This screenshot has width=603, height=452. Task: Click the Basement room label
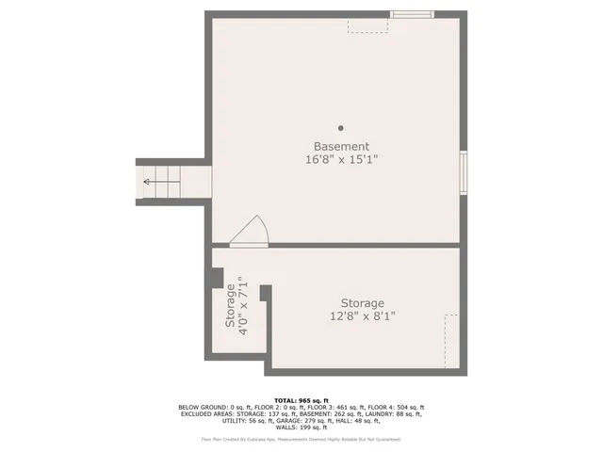pos(341,147)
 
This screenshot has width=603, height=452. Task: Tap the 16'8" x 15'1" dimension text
pos(341,160)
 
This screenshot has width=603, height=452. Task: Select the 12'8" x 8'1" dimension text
pos(362,316)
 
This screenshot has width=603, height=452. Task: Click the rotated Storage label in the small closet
pos(229,305)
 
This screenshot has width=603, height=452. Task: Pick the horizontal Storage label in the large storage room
pos(362,303)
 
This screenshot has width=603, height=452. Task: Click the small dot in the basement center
pos(341,128)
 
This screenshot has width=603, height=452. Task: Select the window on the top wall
pos(413,14)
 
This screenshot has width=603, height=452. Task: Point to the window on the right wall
pos(463,172)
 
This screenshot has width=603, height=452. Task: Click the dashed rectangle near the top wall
pos(367,24)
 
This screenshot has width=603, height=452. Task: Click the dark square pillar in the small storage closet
pos(216,279)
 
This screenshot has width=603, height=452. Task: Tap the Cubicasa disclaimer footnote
pos(301,439)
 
